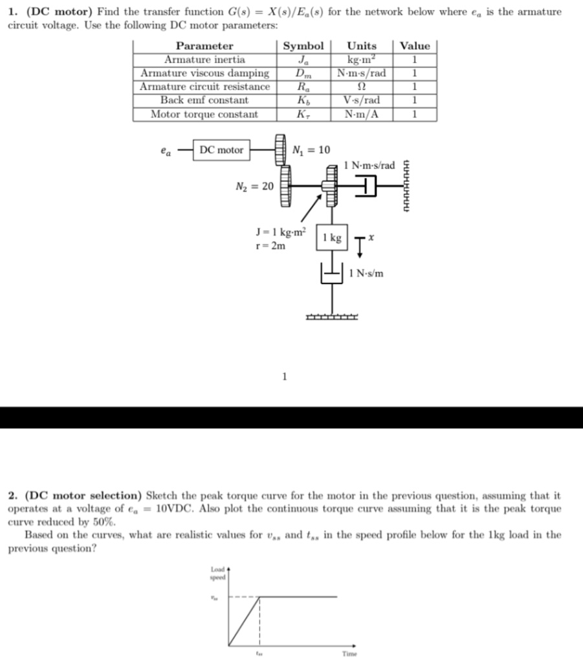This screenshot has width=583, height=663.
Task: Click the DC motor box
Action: pyautogui.click(x=221, y=150)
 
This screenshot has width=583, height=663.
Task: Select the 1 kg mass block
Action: pyautogui.click(x=333, y=238)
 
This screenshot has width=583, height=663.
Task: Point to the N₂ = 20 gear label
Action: pyautogui.click(x=254, y=186)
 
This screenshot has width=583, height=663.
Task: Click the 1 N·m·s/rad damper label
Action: pyautogui.click(x=369, y=166)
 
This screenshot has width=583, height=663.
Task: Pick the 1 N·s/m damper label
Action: pyautogui.click(x=366, y=273)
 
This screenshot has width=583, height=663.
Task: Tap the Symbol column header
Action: pyautogui.click(x=303, y=46)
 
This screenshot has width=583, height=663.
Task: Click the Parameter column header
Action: pyautogui.click(x=204, y=46)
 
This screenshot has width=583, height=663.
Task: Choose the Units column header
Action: pyautogui.click(x=362, y=46)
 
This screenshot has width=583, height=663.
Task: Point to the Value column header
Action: pyautogui.click(x=415, y=46)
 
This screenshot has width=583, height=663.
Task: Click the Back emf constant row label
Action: pyautogui.click(x=204, y=100)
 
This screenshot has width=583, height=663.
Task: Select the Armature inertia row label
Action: pyautogui.click(x=204, y=60)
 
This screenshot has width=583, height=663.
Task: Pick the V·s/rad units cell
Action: pyautogui.click(x=362, y=100)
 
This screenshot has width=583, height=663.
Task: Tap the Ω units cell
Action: pyautogui.click(x=362, y=87)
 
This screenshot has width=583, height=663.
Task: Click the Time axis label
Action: pyautogui.click(x=349, y=654)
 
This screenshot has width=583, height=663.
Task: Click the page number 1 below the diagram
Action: pyautogui.click(x=283, y=376)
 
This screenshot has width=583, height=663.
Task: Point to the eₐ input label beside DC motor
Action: pyautogui.click(x=166, y=151)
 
